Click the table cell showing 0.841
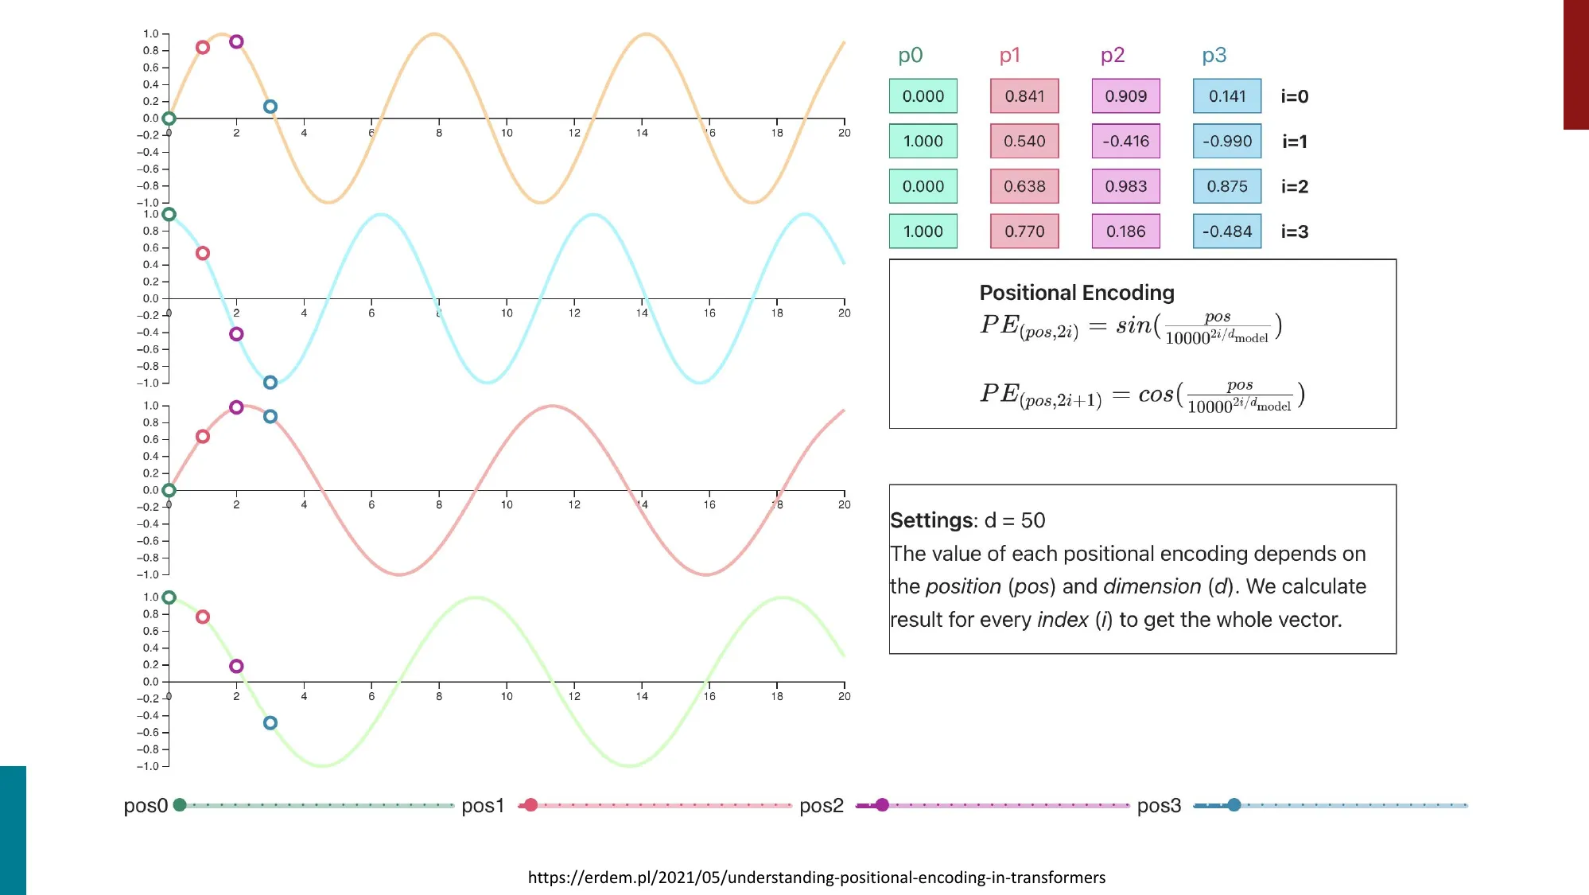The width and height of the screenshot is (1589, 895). (1024, 96)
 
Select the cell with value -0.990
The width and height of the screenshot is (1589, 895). (1227, 142)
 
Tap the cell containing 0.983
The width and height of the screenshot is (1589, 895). (1125, 186)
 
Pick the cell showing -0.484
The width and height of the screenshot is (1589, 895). (1227, 232)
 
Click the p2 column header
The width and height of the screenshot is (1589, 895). (1113, 55)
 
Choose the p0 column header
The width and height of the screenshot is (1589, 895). (910, 55)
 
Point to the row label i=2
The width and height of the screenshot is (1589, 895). (1294, 186)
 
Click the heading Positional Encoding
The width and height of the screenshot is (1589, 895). (1077, 293)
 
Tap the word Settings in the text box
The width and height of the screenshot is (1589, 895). (931, 520)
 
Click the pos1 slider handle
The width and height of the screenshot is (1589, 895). (530, 805)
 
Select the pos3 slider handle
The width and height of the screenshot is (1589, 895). (1234, 805)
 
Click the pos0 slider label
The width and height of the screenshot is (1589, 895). (146, 806)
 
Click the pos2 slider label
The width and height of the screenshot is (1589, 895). (821, 806)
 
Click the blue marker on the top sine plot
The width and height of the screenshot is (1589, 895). (270, 107)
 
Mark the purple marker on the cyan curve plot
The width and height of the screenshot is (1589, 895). (236, 334)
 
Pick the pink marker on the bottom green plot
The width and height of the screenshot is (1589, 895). (203, 617)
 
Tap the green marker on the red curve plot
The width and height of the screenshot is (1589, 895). (169, 490)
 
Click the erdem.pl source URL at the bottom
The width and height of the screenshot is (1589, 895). (817, 877)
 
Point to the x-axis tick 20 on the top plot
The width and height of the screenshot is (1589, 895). (844, 133)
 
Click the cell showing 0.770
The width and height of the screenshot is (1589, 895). (1024, 232)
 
